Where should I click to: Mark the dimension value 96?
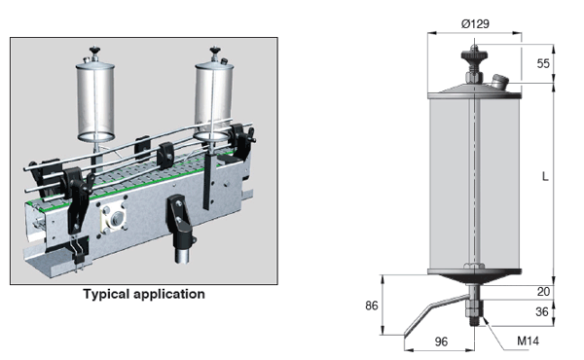(x=439, y=342)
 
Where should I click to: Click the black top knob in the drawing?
(x=474, y=54)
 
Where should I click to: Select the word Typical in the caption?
(x=110, y=293)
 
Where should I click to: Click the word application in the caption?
(x=172, y=293)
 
